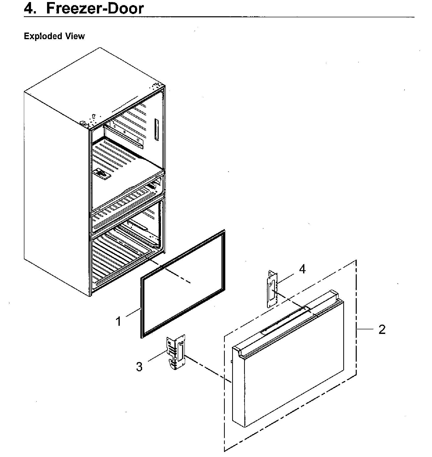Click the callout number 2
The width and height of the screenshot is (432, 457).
pos(382,330)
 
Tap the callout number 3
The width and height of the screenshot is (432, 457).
pos(139,367)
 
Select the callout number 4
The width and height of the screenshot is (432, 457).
pos(302,269)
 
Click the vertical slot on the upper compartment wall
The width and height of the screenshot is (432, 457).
pos(156,129)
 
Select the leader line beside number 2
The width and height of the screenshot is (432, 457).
pos(365,329)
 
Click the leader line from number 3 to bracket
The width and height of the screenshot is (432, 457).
pos(157,356)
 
